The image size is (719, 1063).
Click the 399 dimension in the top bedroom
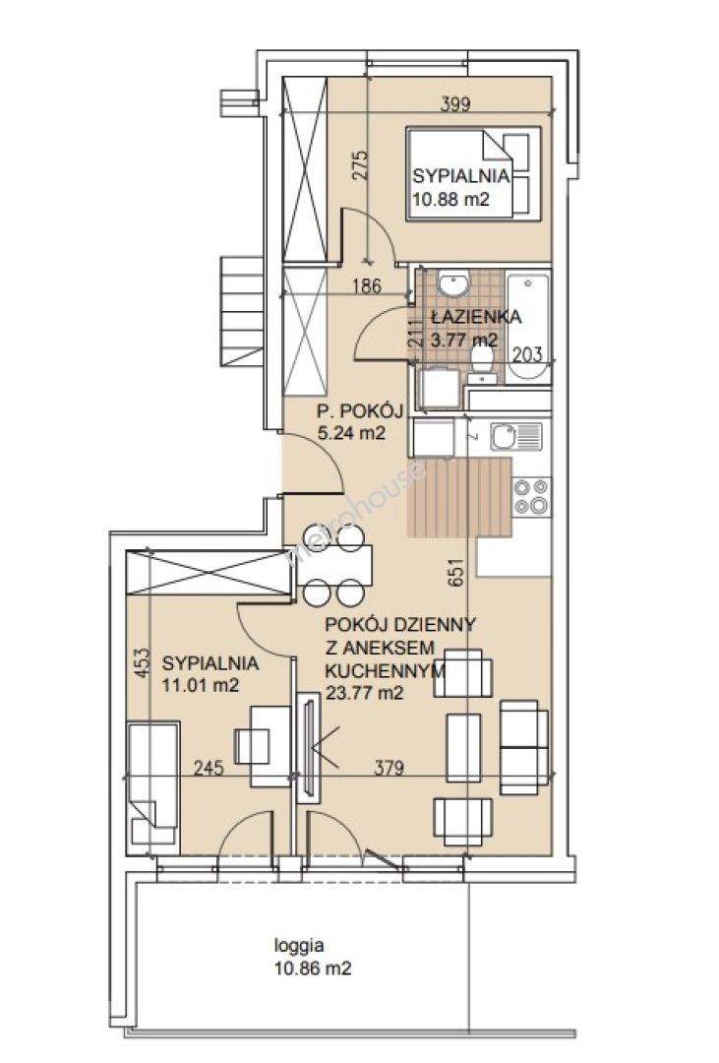455,103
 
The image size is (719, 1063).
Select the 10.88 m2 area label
450,199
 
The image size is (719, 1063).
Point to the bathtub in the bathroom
528,326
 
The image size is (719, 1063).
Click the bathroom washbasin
452,282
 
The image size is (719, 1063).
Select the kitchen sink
515,437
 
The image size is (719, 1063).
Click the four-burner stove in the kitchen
531,496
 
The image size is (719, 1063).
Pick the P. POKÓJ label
360,411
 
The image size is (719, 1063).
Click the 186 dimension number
367,286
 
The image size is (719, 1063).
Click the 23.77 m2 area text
365,693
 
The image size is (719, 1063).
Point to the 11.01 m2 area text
201,685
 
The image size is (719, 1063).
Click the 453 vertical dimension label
141,666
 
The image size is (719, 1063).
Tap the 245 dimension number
209,768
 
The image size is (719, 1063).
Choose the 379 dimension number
389,768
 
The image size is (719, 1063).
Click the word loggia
299,946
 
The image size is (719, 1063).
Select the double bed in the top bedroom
474,173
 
